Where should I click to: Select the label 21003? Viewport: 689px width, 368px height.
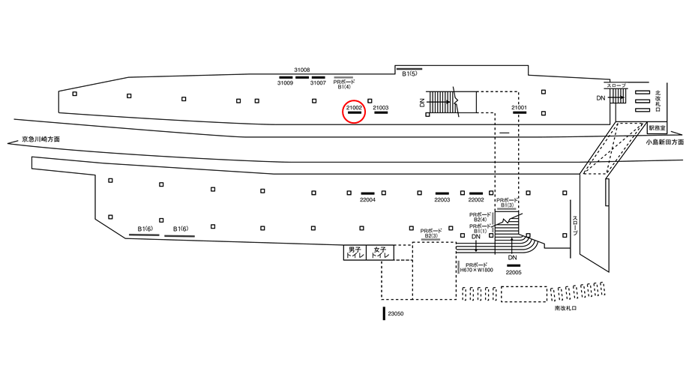click(380, 108)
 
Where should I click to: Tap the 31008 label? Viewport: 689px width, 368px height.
click(302, 69)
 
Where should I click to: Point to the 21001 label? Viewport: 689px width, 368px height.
click(519, 108)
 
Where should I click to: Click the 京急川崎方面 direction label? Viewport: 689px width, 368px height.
click(40, 139)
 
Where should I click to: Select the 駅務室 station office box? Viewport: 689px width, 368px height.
click(657, 128)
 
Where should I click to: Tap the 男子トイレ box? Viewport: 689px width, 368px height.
click(354, 252)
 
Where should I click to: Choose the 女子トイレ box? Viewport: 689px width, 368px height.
click(381, 252)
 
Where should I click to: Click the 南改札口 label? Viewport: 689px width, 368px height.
click(565, 308)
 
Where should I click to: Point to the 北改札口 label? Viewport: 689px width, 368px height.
click(657, 97)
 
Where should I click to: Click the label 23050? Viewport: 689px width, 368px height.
click(396, 314)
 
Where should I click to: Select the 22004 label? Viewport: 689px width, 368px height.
click(367, 200)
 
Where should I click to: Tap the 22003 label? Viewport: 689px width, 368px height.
click(442, 200)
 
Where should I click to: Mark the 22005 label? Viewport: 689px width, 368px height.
click(514, 273)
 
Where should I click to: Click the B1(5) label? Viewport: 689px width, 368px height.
click(409, 74)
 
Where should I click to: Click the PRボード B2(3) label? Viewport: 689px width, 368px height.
click(430, 233)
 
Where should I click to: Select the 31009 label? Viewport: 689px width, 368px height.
click(285, 83)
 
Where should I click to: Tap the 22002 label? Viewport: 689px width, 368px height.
click(476, 200)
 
